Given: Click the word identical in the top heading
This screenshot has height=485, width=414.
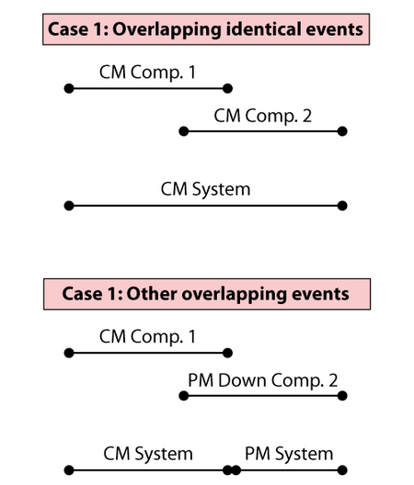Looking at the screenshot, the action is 263,29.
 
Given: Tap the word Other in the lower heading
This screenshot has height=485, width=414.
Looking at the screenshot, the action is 152,294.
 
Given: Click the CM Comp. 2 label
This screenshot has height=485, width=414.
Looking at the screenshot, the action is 263,117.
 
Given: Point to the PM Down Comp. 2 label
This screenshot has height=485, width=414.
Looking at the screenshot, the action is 263,380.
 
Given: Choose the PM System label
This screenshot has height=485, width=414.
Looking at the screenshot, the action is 289,455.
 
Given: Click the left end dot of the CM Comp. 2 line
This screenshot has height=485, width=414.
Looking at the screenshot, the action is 184,131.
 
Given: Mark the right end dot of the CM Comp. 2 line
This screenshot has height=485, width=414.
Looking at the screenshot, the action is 342,131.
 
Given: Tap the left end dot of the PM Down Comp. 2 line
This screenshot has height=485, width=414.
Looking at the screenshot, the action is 184,396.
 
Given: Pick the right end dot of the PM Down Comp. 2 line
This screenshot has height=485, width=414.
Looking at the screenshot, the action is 342,396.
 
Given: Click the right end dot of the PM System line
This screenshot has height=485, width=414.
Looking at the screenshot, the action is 342,470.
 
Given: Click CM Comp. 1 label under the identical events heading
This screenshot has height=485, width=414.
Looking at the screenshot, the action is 147,73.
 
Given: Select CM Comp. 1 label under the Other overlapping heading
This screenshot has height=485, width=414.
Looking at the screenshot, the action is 147,337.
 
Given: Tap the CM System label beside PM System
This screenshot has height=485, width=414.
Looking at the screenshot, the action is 148,455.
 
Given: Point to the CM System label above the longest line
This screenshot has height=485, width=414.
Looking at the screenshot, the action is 205,189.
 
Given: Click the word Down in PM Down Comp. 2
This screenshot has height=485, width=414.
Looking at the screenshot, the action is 242,380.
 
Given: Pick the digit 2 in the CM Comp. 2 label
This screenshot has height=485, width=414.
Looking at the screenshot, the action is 306,116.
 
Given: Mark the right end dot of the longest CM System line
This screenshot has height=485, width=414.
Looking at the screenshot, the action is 342,206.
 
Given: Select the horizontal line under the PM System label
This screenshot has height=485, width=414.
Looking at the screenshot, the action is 289,470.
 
